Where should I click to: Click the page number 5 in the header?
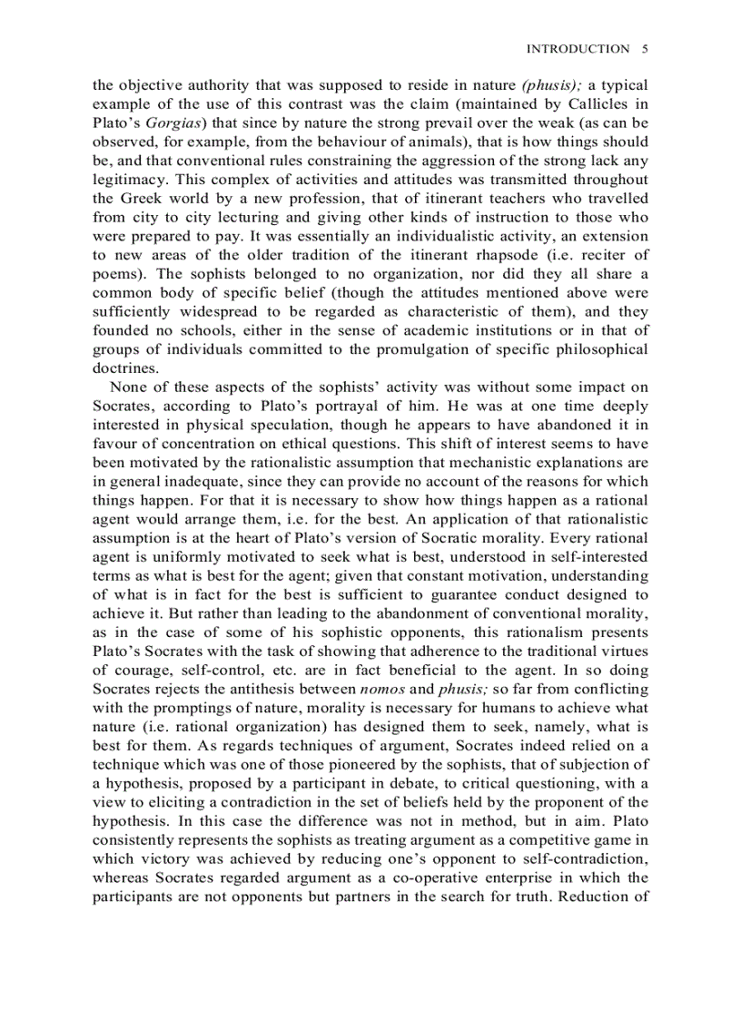[644, 49]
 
